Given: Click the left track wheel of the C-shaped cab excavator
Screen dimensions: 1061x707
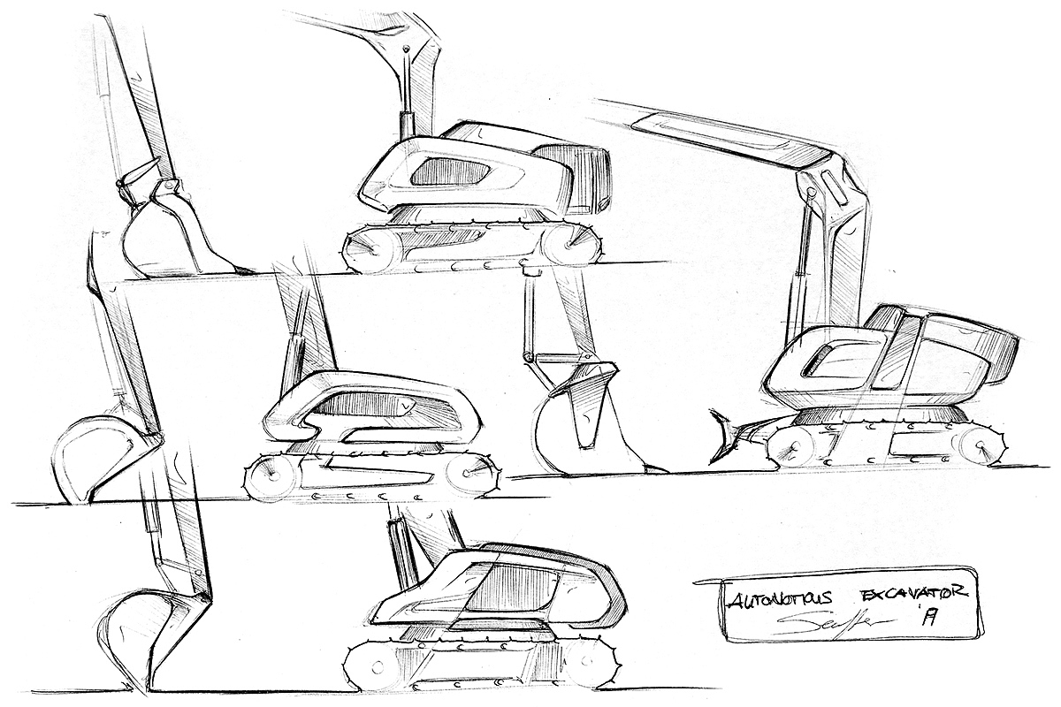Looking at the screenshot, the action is [x=264, y=478].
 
